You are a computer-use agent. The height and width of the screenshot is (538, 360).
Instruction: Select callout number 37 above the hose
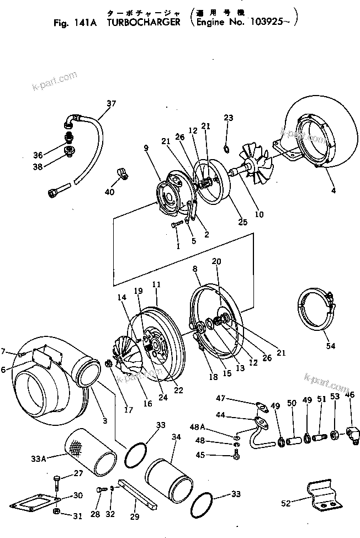[x=112, y=103]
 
